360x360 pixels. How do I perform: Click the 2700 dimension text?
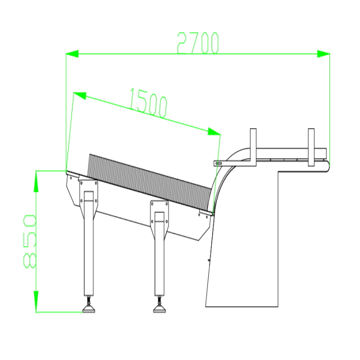pyautogui.click(x=198, y=43)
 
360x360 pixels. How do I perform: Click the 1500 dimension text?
pyautogui.click(x=148, y=103)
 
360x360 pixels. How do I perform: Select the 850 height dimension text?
pyautogui.click(x=30, y=241)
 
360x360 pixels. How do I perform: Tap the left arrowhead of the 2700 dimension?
pyautogui.click(x=72, y=54)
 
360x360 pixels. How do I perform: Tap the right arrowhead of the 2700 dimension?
pyautogui.click(x=323, y=54)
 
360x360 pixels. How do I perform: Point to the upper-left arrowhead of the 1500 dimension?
pyautogui.click(x=79, y=96)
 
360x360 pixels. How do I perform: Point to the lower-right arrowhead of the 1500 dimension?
pyautogui.click(x=214, y=132)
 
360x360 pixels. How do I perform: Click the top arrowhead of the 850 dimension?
pyautogui.click(x=36, y=181)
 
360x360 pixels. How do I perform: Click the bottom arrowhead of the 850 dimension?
pyautogui.click(x=36, y=301)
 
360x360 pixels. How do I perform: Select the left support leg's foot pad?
pyautogui.click(x=89, y=309)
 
